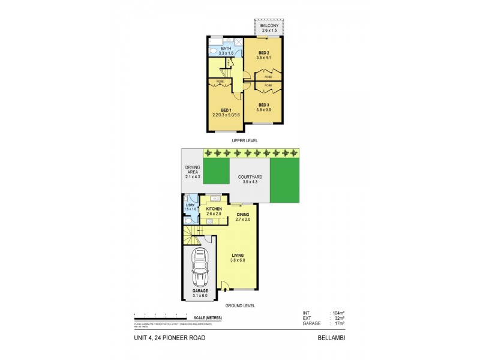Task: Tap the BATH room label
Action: (226, 49)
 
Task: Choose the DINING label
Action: (243, 214)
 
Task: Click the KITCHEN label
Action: (214, 208)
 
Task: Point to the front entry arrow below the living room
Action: (225, 291)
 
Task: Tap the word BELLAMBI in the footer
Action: (331, 338)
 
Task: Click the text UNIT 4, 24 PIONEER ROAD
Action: (169, 338)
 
